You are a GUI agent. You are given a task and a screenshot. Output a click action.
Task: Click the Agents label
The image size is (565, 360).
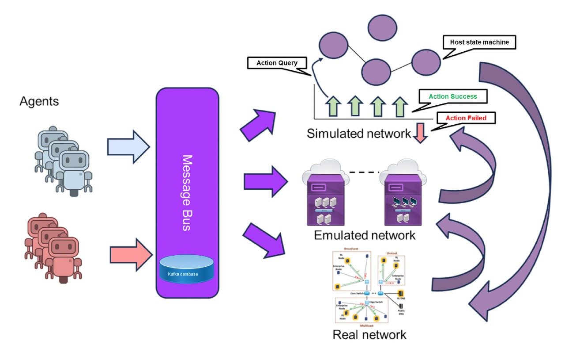point(39,102)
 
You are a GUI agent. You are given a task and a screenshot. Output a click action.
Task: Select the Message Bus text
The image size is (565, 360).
point(187,192)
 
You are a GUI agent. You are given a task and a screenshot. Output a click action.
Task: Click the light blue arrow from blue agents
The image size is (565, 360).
point(128,146)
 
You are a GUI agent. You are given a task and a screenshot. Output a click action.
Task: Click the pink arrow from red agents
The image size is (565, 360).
point(130,255)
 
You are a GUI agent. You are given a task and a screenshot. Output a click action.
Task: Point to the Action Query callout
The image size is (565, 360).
point(277,63)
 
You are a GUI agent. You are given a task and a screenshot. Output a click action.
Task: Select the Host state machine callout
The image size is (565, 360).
point(479,42)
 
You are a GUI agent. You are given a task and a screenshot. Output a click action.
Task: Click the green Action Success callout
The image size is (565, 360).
point(452,96)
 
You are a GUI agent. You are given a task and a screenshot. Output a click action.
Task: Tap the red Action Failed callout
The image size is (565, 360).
point(465,118)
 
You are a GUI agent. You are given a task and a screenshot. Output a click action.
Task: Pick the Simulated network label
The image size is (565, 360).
point(358,134)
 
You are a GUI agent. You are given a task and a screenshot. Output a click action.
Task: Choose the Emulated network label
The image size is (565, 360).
point(365,235)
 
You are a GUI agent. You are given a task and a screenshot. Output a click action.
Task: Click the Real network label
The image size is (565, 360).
point(369,334)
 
